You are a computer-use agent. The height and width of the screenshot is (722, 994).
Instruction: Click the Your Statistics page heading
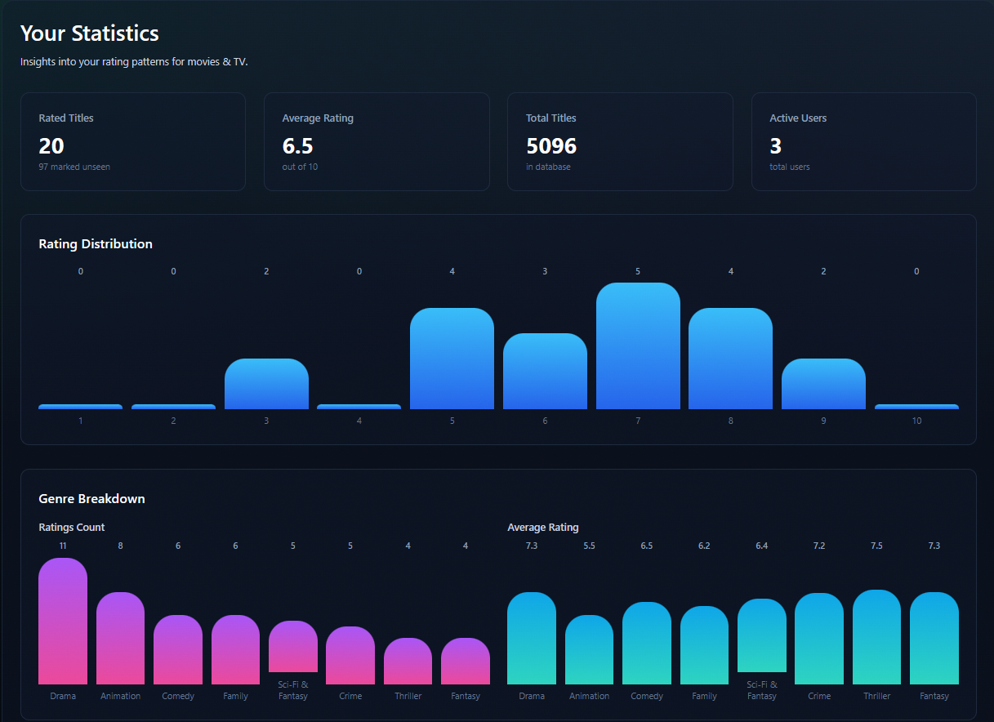coord(89,33)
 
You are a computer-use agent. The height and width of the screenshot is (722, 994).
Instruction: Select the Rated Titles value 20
coord(51,146)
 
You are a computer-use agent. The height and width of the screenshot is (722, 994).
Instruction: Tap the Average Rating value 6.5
coord(297,146)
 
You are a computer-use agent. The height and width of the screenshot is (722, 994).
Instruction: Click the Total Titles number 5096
coord(551,146)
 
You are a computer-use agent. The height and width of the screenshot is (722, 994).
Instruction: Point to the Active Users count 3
coord(775,146)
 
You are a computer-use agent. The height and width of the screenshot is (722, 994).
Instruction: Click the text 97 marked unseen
coord(74,167)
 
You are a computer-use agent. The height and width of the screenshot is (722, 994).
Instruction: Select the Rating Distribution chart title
coord(96,243)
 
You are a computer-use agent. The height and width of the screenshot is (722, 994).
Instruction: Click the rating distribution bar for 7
coord(638,346)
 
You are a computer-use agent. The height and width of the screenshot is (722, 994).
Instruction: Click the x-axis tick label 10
coord(916,421)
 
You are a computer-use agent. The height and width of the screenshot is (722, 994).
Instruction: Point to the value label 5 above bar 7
coord(638,271)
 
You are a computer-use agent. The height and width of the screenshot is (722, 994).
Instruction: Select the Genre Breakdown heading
coord(91,498)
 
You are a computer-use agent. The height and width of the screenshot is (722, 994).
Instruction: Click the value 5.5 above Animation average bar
coord(589,546)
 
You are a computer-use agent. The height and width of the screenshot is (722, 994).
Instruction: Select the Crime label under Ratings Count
coord(350,696)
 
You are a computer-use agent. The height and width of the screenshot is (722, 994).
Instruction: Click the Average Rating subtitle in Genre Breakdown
coord(542,528)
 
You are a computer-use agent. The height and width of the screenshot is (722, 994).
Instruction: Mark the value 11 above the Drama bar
coord(63,546)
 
